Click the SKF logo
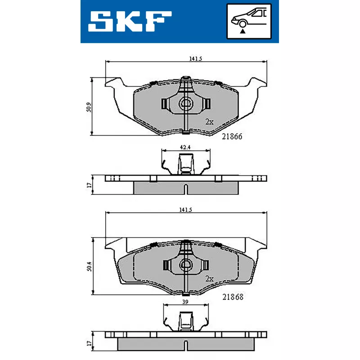click(130, 21)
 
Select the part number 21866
click(233, 137)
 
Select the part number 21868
click(233, 297)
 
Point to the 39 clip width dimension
click(185, 302)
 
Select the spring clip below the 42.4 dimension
click(185, 164)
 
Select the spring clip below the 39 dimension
click(185, 320)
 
